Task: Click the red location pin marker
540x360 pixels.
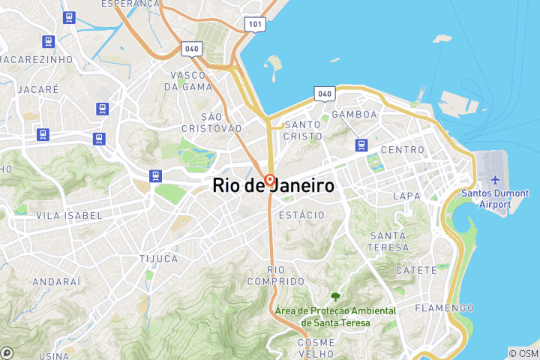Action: [269, 181]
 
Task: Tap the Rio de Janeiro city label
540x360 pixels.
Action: [274, 185]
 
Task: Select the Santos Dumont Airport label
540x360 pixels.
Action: [495, 198]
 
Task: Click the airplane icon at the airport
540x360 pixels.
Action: [495, 181]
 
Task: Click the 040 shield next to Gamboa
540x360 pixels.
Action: [324, 94]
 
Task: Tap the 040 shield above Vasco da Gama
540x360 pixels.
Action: [191, 49]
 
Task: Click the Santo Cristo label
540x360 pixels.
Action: [303, 130]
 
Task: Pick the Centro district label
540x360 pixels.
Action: [403, 150]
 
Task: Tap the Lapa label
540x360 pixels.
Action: [406, 196]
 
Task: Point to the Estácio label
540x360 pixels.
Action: [301, 215]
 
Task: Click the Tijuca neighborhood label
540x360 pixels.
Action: [158, 258]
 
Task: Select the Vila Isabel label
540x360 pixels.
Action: [69, 215]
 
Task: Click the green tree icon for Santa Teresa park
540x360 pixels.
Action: [334, 297]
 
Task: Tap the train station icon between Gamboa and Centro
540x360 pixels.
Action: [363, 145]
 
